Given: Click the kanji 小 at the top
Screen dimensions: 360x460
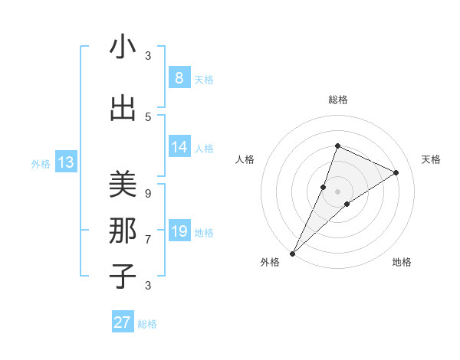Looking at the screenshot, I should (123, 47).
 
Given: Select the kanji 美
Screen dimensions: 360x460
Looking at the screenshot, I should (123, 185).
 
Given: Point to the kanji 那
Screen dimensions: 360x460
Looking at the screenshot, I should (123, 230).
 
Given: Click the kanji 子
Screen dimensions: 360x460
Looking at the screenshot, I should (123, 276).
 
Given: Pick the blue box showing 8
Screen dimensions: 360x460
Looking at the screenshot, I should (179, 78).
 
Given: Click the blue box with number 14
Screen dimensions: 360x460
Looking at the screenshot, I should (179, 147).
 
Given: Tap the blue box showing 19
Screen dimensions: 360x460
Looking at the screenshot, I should (179, 231).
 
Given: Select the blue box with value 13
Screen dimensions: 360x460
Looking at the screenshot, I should (66, 162).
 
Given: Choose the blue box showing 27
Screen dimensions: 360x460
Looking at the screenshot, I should (123, 322).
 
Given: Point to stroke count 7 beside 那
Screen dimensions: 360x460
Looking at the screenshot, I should (148, 239).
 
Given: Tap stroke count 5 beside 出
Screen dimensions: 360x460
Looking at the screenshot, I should (148, 116).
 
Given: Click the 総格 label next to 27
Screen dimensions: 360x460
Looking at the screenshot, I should (147, 324).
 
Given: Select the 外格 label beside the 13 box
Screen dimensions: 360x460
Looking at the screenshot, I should (41, 163).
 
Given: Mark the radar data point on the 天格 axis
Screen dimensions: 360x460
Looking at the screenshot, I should (396, 172).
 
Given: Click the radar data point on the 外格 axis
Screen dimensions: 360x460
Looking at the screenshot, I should (292, 253).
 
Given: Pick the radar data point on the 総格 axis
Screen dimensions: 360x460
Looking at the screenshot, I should (337, 146).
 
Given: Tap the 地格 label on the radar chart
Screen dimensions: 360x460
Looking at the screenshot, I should (402, 262).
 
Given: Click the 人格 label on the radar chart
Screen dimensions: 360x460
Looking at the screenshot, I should (245, 159).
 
